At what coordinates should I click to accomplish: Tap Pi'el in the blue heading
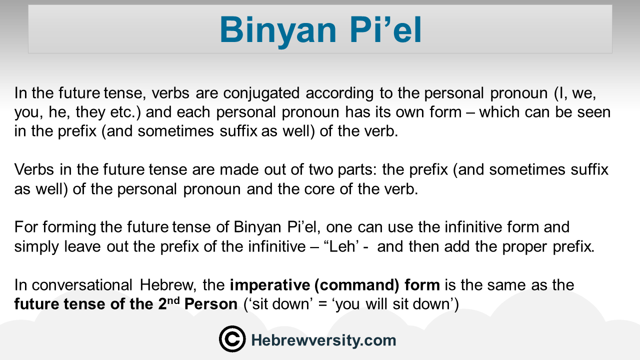(385, 29)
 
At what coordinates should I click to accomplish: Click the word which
(499, 111)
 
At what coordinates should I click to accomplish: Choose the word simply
(36, 247)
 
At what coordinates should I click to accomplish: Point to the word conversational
(82, 285)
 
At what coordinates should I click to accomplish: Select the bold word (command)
(357, 285)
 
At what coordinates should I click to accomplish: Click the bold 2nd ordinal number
(169, 303)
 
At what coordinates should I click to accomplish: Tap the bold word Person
(211, 303)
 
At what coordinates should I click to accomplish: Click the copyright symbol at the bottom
(232, 339)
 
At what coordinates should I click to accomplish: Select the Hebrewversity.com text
(323, 340)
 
